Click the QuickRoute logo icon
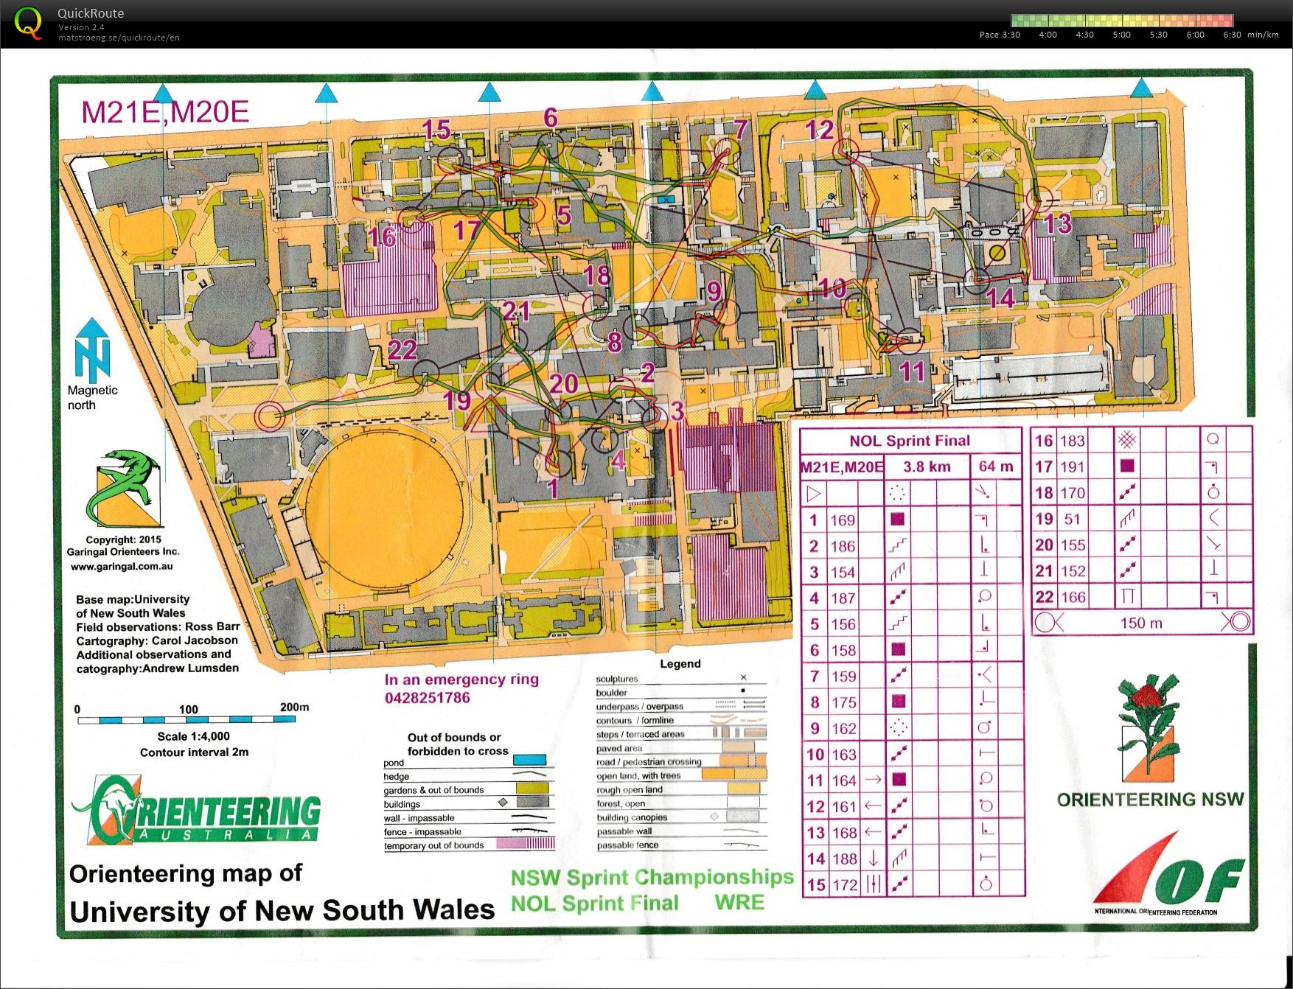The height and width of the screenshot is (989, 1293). (28, 22)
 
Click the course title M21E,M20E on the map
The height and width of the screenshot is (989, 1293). (165, 112)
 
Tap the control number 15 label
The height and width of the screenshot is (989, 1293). (436, 130)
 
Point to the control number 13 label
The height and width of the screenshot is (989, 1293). (1058, 223)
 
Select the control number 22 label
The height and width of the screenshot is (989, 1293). (402, 349)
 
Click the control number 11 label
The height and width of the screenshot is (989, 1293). (912, 371)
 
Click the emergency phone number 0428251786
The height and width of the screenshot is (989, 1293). (427, 698)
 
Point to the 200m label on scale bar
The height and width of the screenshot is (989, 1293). (294, 707)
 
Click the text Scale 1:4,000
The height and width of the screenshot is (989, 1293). (193, 736)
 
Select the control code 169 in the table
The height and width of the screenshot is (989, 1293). (843, 520)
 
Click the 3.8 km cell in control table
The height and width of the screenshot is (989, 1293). (927, 466)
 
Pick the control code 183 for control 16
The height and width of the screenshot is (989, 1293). (1072, 441)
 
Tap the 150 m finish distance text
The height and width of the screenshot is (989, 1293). (1141, 623)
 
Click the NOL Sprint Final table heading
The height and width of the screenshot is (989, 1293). (910, 441)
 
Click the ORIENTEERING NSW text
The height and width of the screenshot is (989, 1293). (1150, 800)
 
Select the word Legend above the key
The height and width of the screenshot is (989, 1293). (680, 663)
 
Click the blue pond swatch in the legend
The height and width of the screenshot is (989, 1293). (529, 760)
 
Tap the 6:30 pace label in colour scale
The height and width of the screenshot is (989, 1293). (1232, 35)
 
